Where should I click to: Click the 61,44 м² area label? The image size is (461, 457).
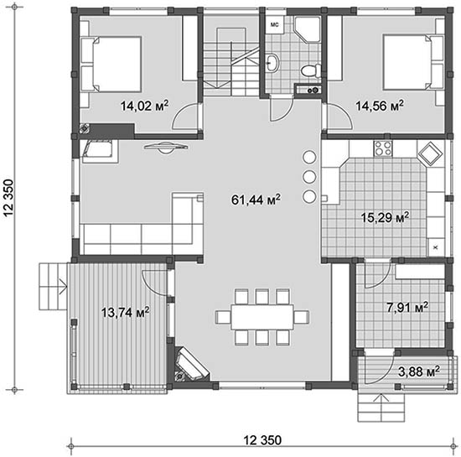(256, 200)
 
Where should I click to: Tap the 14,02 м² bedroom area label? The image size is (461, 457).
(145, 106)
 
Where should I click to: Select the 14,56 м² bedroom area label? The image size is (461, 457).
(380, 106)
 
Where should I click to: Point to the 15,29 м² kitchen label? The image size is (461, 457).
(385, 218)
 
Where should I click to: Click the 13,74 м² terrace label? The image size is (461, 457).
(125, 312)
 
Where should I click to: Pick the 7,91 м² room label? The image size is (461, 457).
(407, 308)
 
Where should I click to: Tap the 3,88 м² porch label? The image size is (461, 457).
(419, 371)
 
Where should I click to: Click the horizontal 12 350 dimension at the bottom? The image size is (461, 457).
(262, 440)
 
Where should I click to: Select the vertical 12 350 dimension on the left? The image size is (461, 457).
(8, 198)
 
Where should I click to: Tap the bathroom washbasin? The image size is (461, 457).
(273, 63)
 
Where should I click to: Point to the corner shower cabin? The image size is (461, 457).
(308, 30)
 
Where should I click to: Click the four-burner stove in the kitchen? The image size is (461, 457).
(383, 148)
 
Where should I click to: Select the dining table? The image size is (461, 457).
(262, 317)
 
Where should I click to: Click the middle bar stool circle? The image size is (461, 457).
(309, 177)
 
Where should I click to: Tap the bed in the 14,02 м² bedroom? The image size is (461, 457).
(111, 64)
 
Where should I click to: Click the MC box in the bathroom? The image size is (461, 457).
(275, 25)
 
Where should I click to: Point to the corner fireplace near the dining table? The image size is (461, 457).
(190, 365)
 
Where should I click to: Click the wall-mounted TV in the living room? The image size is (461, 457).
(166, 148)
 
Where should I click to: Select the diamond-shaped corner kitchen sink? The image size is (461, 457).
(431, 154)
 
